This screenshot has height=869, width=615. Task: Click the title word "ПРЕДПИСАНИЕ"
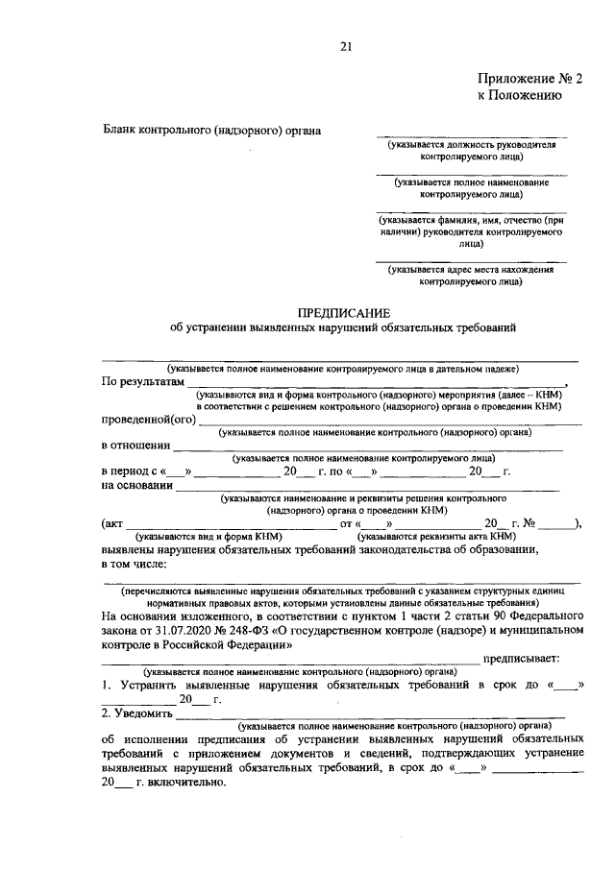pos(343,312)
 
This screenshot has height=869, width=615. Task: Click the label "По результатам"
pos(141,381)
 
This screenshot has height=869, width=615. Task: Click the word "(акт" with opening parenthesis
pos(112,524)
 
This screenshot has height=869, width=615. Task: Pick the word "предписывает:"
pos(521,659)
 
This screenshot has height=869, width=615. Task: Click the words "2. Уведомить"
pos(137,713)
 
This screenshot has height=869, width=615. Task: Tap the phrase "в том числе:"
pos(134,564)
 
